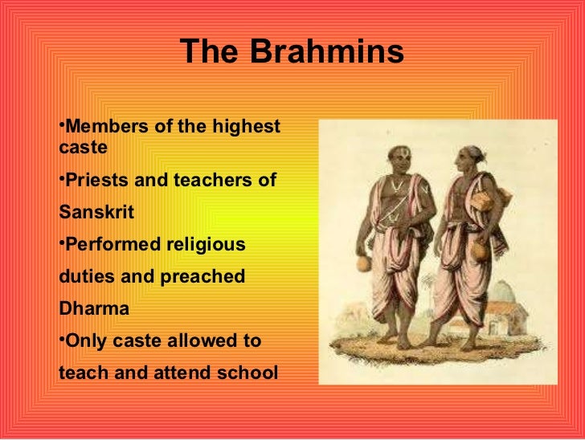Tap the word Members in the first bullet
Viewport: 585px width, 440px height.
99,127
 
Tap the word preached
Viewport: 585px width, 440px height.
205,276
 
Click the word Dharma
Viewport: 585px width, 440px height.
94,308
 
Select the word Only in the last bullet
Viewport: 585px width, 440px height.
85,340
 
